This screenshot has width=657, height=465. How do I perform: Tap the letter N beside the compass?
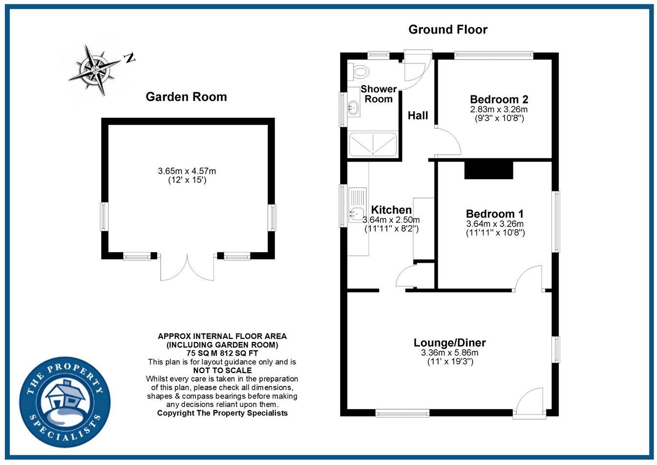tap(129, 58)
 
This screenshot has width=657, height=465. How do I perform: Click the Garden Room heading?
tap(186, 97)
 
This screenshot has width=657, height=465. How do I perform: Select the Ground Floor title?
tap(447, 30)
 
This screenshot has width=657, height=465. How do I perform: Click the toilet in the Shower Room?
tap(360, 72)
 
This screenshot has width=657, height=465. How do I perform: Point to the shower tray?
tap(372, 145)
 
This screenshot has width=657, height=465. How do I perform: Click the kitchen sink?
tap(355, 212)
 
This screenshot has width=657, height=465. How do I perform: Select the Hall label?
tap(418, 116)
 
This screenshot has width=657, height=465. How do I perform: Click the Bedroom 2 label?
tap(498, 99)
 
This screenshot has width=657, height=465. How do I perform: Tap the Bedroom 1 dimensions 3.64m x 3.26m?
tap(495, 224)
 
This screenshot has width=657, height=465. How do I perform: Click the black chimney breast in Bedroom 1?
tap(488, 170)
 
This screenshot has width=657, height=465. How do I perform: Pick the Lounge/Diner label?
tap(449, 342)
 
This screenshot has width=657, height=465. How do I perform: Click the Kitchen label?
tap(391, 210)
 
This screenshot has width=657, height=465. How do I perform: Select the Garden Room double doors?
tap(187, 268)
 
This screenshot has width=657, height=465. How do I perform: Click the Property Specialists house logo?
tap(65, 402)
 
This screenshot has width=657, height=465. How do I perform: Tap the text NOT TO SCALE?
tap(222, 370)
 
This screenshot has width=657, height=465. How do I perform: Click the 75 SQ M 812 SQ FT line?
tap(222, 353)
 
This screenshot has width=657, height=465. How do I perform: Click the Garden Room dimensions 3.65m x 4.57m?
tap(187, 171)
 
